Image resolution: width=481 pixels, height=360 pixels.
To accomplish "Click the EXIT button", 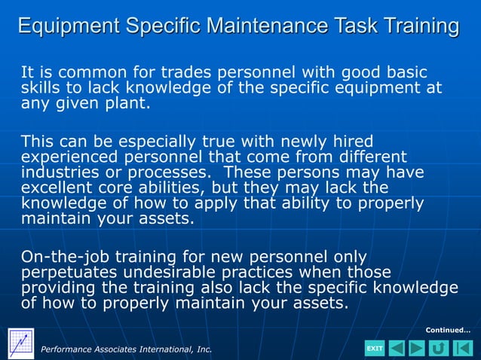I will click(375, 348).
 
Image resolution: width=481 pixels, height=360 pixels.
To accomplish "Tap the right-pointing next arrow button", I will click(417, 348).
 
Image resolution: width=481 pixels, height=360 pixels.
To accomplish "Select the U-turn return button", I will click(438, 348).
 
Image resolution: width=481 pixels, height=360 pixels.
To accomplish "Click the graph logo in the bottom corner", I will click(20, 343).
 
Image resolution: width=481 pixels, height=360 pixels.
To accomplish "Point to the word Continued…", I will click(448, 330).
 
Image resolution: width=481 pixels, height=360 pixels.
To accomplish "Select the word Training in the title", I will click(417, 26).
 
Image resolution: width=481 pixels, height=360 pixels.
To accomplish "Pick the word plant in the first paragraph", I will click(129, 103).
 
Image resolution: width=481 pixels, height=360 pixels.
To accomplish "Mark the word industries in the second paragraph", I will click(57, 172).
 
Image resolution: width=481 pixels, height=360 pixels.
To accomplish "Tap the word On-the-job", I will click(66, 256).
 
